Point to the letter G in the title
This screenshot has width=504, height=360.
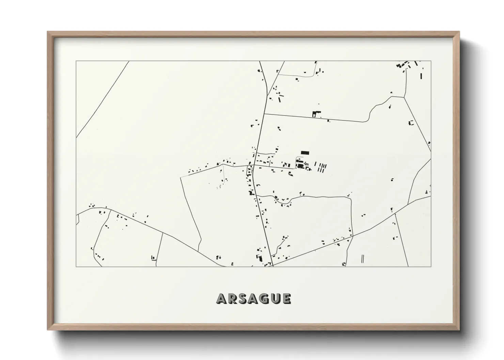[265, 299]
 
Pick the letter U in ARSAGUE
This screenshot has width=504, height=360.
[275, 299]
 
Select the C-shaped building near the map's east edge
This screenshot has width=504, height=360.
[411, 123]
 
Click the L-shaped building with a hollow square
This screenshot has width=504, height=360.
[316, 114]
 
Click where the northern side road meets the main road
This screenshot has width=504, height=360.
[265, 114]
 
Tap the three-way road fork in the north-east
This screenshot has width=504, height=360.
[404, 97]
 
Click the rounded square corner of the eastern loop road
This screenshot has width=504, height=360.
[350, 199]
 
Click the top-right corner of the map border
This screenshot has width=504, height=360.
[431, 61]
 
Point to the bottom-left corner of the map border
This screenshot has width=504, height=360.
[76, 266]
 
